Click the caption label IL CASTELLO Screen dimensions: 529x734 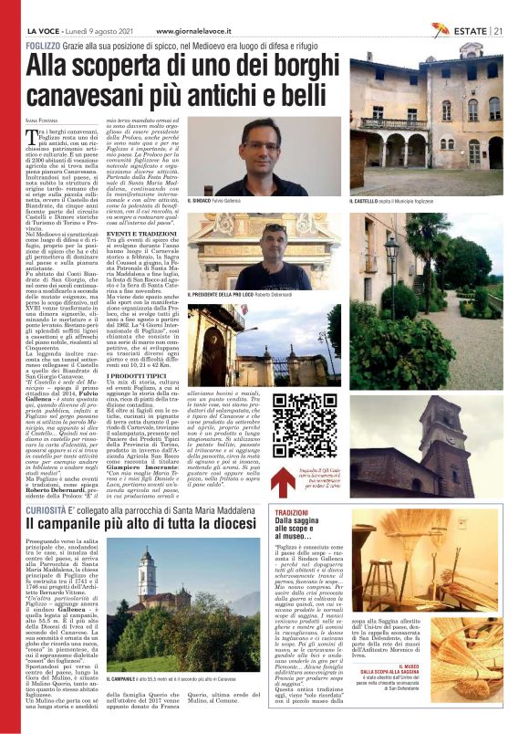tap(370, 200)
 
